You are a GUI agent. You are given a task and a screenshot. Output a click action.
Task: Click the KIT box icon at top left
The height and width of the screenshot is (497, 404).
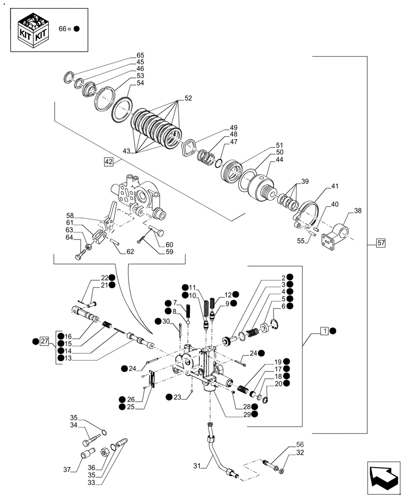33,31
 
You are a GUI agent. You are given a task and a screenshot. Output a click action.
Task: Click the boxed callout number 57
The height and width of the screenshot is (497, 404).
381,243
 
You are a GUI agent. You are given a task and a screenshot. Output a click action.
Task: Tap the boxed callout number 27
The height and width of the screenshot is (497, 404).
45,341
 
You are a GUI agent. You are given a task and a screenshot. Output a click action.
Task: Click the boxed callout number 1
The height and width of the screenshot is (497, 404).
324,331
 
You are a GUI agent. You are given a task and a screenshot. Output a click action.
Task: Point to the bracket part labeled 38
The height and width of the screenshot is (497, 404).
336,236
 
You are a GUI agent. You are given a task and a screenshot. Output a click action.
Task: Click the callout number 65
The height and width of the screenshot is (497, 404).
140,55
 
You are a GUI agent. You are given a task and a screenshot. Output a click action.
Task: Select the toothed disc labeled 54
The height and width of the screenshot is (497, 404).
122,106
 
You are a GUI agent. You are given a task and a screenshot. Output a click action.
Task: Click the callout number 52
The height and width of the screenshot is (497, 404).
188,98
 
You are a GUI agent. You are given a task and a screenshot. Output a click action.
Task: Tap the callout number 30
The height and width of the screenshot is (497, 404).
167,321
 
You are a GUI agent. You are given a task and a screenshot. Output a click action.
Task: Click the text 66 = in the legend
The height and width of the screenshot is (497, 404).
65,29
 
